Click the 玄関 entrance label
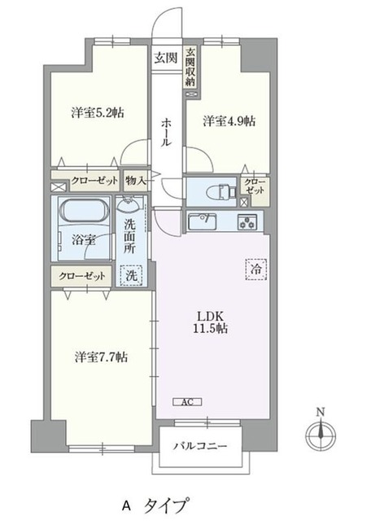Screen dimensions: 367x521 [x=165, y=58]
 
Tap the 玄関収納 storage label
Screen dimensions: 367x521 [x=190, y=68]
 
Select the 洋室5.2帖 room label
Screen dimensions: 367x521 [x=98, y=112]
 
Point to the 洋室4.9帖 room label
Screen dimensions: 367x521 [x=229, y=121]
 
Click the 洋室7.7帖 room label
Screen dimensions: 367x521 [x=101, y=357]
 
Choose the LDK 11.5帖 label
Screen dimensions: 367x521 [x=210, y=322]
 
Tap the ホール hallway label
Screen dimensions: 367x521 [x=166, y=132]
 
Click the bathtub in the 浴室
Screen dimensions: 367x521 [x=85, y=210]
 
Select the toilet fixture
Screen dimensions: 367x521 [x=221, y=192]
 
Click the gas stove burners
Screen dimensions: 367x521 [x=247, y=221]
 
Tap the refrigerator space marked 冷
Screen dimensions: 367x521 [x=256, y=269]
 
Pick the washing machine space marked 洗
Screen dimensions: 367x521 [x=131, y=275]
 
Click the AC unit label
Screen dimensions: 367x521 [x=187, y=401]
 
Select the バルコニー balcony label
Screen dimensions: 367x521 [x=200, y=445]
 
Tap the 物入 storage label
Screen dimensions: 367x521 [x=136, y=181]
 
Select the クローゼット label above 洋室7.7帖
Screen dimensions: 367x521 [x=82, y=276]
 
